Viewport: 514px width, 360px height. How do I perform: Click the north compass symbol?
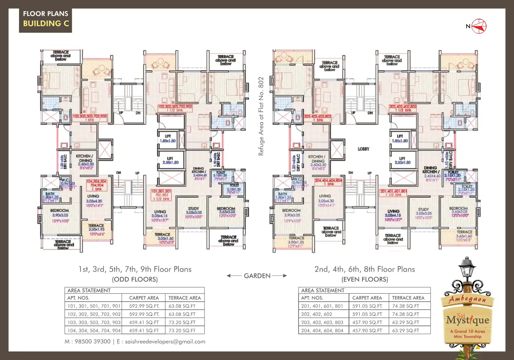[479, 26]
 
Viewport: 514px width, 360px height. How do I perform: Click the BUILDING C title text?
[46, 23]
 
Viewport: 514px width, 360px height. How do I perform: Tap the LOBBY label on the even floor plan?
[363, 149]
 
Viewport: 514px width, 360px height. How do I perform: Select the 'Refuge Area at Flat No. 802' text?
[261, 116]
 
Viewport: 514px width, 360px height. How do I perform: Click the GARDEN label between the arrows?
[257, 275]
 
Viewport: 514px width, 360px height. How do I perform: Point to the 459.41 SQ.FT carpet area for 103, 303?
[144, 322]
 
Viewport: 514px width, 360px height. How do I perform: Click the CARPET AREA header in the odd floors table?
[144, 298]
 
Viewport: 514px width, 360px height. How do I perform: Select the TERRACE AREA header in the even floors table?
[408, 298]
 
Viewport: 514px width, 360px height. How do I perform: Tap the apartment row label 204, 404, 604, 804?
[322, 330]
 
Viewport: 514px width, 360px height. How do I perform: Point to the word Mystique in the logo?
[468, 320]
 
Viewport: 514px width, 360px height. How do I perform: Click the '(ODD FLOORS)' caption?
[135, 279]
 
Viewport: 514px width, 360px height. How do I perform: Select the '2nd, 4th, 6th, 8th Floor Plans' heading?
[364, 269]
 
